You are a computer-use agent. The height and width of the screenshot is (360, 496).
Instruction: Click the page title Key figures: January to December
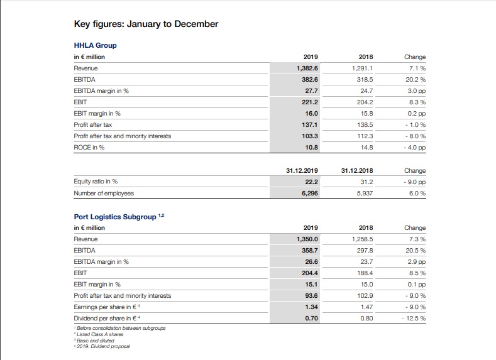[x=146, y=25]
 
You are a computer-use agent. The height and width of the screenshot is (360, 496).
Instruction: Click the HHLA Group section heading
[x=95, y=45]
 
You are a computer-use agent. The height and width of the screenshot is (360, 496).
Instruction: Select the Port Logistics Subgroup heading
[x=116, y=217]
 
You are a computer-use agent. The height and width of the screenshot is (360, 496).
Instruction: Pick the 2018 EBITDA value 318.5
[x=365, y=80]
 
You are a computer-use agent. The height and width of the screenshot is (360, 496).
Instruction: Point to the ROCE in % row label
[x=89, y=148]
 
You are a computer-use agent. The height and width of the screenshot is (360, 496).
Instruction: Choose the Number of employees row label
[x=104, y=194]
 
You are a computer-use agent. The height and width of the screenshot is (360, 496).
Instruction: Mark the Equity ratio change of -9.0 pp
[x=416, y=182]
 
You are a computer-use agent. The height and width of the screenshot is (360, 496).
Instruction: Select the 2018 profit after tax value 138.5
[x=365, y=125]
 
